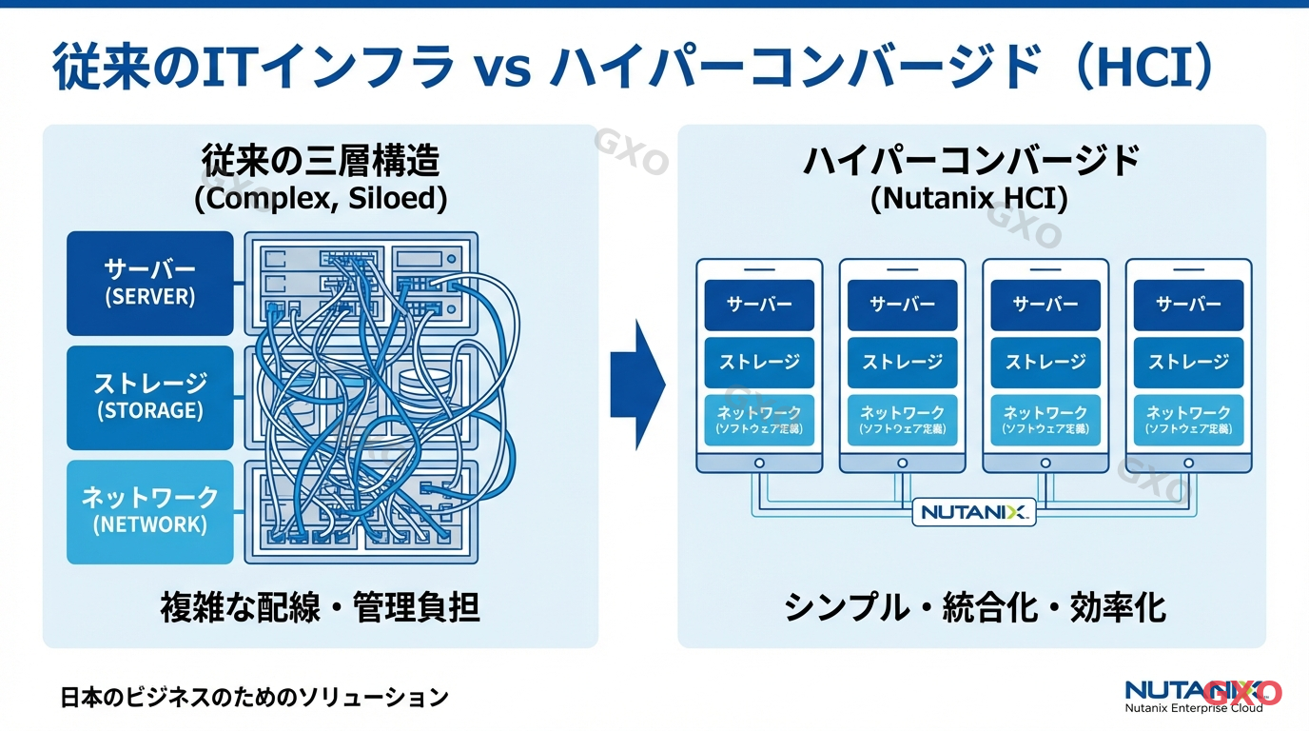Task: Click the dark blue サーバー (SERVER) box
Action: (x=149, y=283)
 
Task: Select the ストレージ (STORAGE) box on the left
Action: (x=149, y=397)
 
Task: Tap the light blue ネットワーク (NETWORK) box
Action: (x=149, y=511)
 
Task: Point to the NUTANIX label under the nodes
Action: (x=973, y=512)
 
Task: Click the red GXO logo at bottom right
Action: (x=1242, y=692)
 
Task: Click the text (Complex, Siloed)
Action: (x=321, y=198)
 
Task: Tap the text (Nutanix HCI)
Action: (x=970, y=198)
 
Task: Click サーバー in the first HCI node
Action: (x=759, y=305)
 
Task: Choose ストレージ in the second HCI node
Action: (x=903, y=362)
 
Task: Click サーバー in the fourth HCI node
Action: (x=1188, y=305)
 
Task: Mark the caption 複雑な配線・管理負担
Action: (x=321, y=606)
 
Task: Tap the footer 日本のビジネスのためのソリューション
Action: (x=254, y=697)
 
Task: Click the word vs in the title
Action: (x=501, y=71)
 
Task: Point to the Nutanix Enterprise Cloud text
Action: (x=1194, y=708)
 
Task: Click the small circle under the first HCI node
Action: (x=759, y=463)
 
